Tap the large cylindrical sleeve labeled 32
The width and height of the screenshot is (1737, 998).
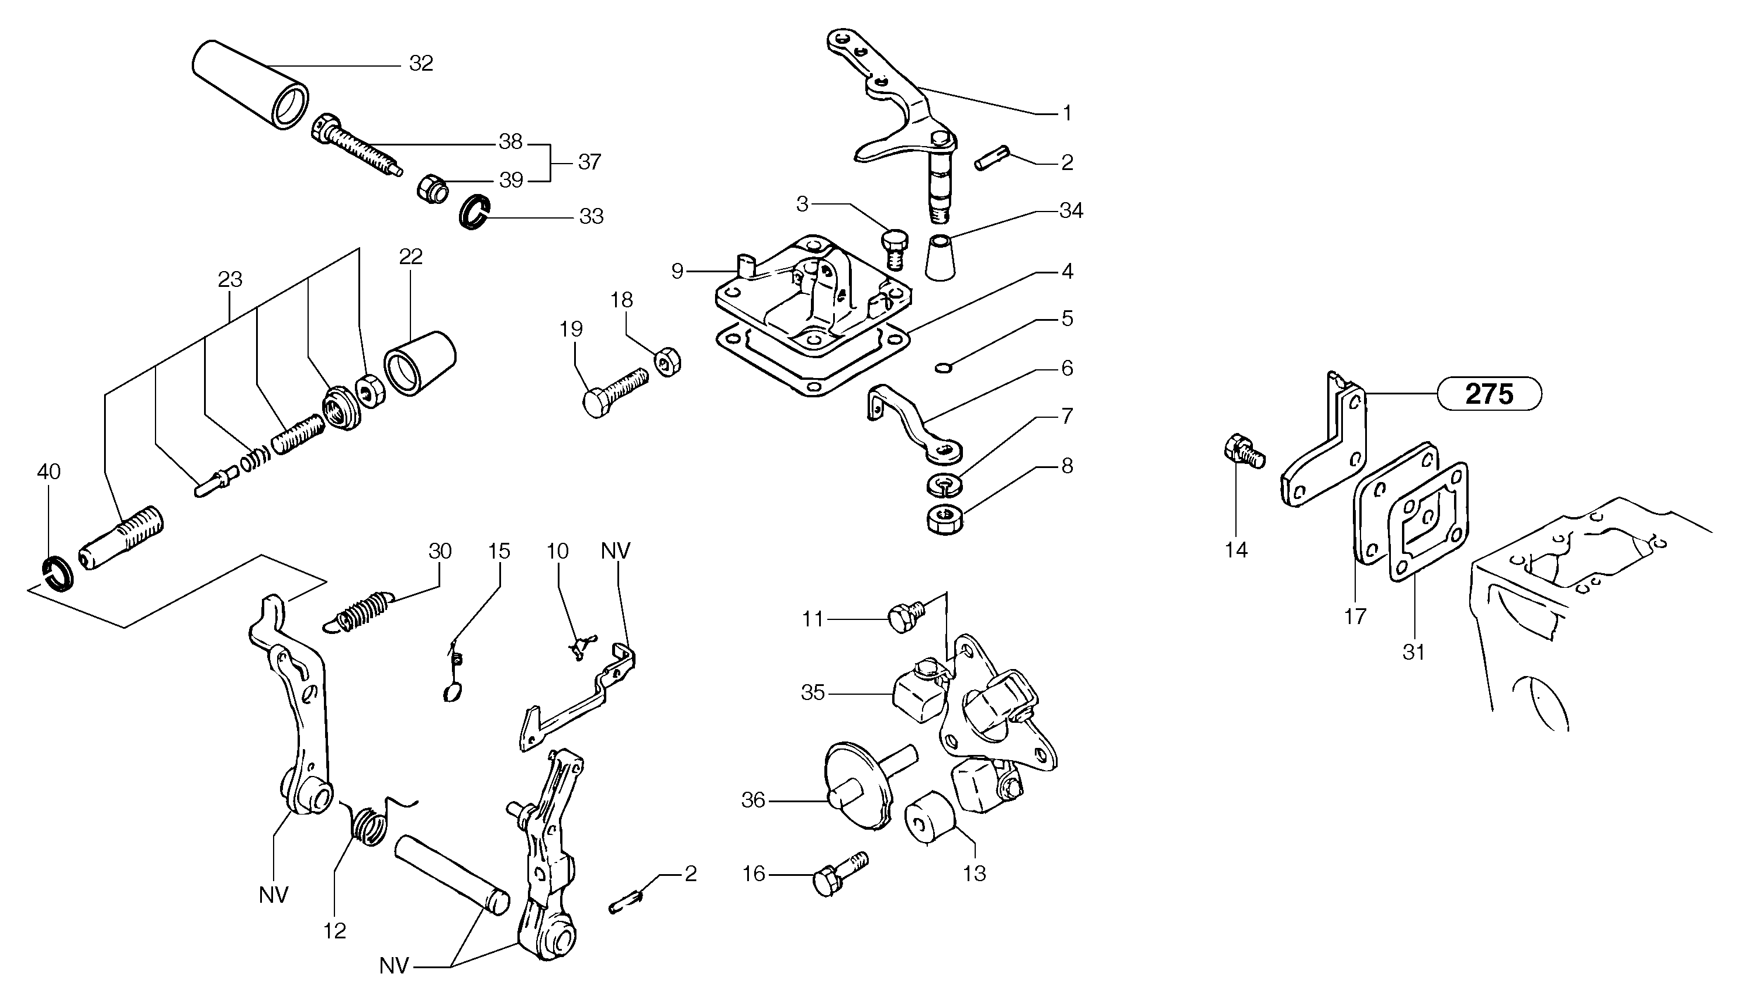tap(247, 84)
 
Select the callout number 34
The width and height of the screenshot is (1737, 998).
tap(1070, 210)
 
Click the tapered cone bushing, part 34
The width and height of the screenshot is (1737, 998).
tap(941, 258)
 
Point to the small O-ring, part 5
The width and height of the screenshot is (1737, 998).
tap(944, 369)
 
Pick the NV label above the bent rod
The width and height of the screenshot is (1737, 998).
tap(615, 551)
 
